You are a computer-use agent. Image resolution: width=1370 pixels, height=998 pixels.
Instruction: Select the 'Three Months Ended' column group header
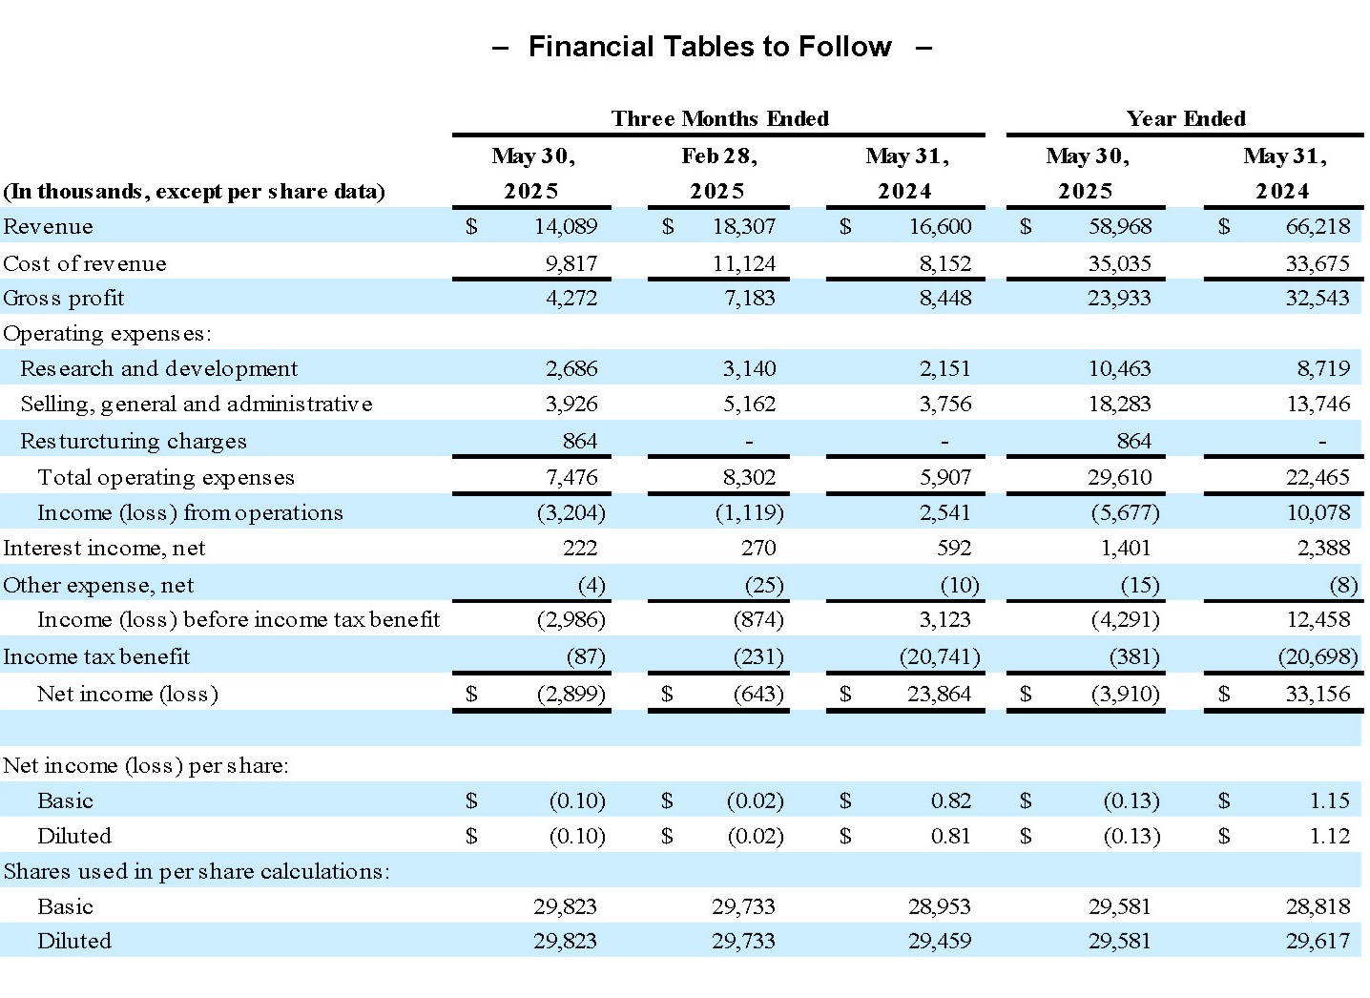(x=720, y=118)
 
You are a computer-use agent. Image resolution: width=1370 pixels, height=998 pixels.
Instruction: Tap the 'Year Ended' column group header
(x=1185, y=118)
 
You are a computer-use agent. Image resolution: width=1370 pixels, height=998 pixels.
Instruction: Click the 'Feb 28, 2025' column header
(x=718, y=173)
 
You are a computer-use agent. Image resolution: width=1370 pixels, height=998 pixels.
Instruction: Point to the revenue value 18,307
(x=744, y=226)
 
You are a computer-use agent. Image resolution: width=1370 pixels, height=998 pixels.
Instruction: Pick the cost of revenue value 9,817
(x=571, y=263)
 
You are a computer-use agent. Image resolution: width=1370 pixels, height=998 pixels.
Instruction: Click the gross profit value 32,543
(x=1317, y=298)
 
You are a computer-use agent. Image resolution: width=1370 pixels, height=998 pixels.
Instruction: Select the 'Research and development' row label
(x=159, y=368)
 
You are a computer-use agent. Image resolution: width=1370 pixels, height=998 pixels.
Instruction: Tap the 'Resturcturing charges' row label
(x=134, y=441)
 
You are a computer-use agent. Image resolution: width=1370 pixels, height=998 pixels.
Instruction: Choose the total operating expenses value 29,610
(x=1119, y=477)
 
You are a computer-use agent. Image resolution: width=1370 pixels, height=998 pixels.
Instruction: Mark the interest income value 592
(x=954, y=548)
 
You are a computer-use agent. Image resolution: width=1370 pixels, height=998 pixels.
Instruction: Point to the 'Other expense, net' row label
(x=98, y=585)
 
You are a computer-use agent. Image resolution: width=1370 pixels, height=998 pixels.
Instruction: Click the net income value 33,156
(x=1318, y=694)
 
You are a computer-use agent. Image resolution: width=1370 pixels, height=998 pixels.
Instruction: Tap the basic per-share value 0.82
(x=951, y=800)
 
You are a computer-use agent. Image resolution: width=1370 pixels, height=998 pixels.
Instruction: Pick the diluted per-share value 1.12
(x=1330, y=836)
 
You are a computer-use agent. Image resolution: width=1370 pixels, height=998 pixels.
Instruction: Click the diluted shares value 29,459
(x=940, y=941)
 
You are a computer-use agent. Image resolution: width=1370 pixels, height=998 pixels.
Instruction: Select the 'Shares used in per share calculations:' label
(x=197, y=871)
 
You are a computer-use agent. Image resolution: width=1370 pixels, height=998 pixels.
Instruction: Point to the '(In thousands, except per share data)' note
(x=194, y=192)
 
